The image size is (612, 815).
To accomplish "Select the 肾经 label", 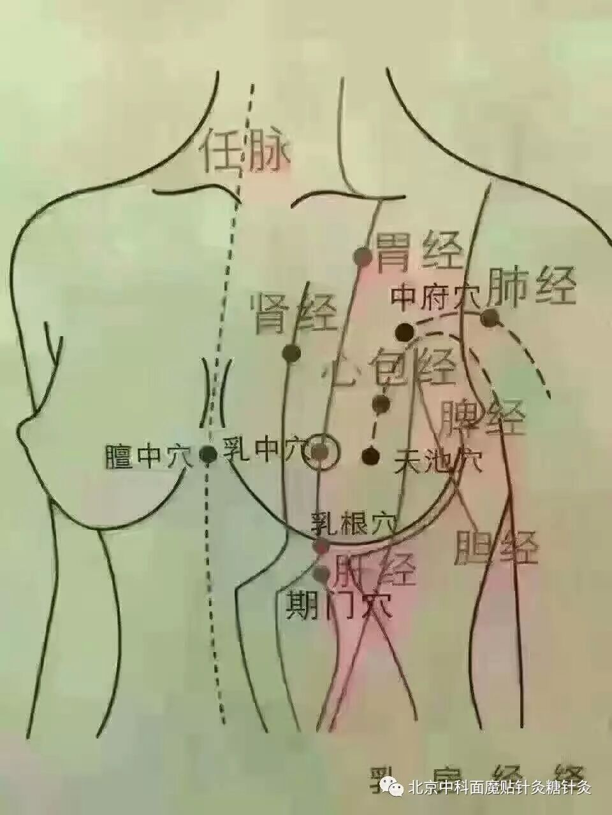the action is click(294, 312).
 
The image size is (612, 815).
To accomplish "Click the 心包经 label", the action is click(389, 369).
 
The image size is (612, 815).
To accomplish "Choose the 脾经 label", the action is click(483, 417).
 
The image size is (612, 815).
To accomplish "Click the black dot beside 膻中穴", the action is click(208, 454).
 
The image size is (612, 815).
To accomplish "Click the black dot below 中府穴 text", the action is click(404, 332).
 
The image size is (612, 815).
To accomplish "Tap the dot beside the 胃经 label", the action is click(363, 257).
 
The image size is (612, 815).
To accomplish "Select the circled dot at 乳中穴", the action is click(322, 452).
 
